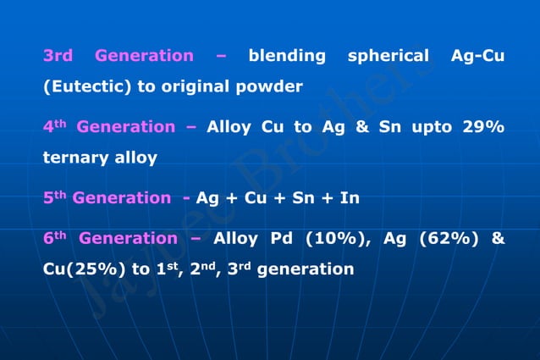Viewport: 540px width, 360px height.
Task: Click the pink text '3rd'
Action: pyautogui.click(x=58, y=56)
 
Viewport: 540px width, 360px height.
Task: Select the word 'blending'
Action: pyautogui.click(x=287, y=57)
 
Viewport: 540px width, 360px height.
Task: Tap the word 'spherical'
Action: pyautogui.click(x=388, y=57)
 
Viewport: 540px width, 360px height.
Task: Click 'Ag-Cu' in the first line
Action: pyautogui.click(x=478, y=57)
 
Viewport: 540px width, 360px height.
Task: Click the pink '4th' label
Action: pyautogui.click(x=54, y=127)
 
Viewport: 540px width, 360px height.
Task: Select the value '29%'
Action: pyautogui.click(x=483, y=127)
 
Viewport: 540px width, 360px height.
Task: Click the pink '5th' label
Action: pyautogui.click(x=54, y=198)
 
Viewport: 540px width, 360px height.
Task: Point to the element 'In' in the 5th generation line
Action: pyautogui.click(x=350, y=198)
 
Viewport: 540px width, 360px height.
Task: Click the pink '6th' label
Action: pyautogui.click(x=54, y=239)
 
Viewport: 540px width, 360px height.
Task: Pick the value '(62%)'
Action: pyautogui.click(x=445, y=239)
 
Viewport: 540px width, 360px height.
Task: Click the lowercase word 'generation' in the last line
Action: pyautogui.click(x=306, y=270)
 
